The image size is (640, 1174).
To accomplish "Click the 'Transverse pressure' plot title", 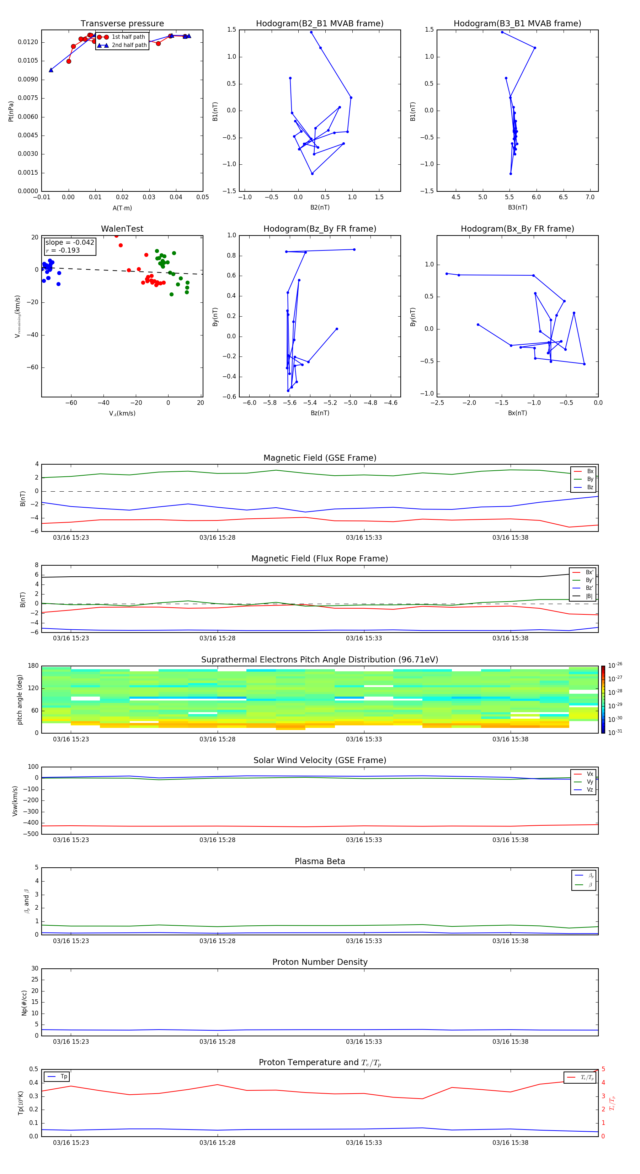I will click(122, 24).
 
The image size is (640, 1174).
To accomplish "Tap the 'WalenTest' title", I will click(122, 229).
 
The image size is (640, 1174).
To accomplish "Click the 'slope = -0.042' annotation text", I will click(70, 243).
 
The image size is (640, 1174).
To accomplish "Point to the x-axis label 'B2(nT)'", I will click(320, 207).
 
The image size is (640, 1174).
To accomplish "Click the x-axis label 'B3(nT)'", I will click(517, 207).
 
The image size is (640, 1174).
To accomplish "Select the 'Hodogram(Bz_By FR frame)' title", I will click(320, 229).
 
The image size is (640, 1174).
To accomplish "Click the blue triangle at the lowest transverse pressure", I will click(51, 70).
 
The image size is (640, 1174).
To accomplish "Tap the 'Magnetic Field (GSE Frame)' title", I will click(320, 458).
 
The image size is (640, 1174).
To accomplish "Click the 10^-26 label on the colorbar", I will click(615, 665).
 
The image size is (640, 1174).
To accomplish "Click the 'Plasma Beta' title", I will click(320, 861).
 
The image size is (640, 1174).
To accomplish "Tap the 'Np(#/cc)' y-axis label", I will click(24, 1003).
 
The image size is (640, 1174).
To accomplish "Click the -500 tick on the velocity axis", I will click(32, 834).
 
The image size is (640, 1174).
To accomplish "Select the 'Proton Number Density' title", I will click(320, 962).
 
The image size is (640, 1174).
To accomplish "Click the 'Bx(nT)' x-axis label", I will click(517, 413).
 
